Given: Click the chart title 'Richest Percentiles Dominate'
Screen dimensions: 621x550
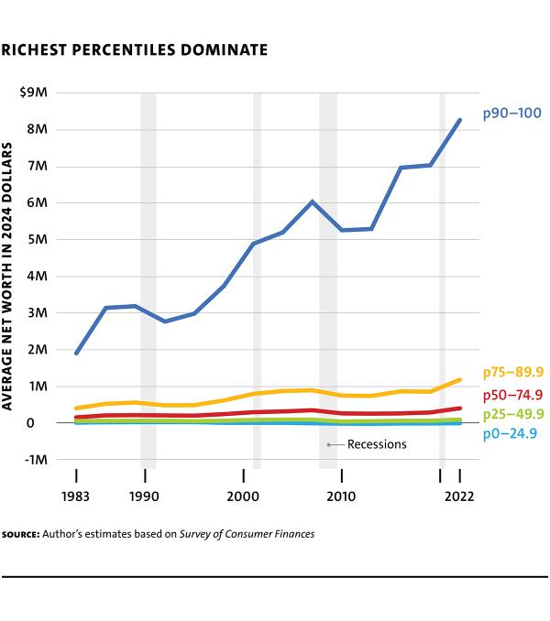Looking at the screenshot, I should (x=135, y=49).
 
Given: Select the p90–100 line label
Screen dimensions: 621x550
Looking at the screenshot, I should (x=512, y=114).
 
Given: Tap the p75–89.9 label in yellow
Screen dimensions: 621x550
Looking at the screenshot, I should (x=513, y=372).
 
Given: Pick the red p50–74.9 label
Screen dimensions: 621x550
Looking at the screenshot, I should (x=513, y=395).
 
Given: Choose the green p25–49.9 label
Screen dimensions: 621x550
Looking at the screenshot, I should (x=513, y=415).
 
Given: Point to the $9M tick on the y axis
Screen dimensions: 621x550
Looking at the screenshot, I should (x=33, y=93).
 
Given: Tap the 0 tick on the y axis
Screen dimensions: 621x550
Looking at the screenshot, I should (x=42, y=423).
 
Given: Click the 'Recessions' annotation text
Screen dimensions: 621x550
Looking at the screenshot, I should (x=376, y=444).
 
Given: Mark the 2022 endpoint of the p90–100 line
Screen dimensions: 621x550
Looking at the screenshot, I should (x=459, y=120).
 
